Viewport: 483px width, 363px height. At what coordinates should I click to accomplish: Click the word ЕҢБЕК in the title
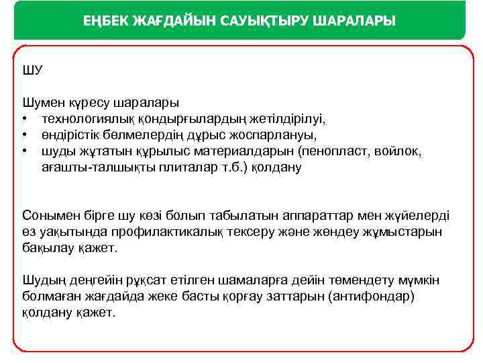point(108,22)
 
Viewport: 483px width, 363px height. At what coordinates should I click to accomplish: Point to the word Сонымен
point(48,216)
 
